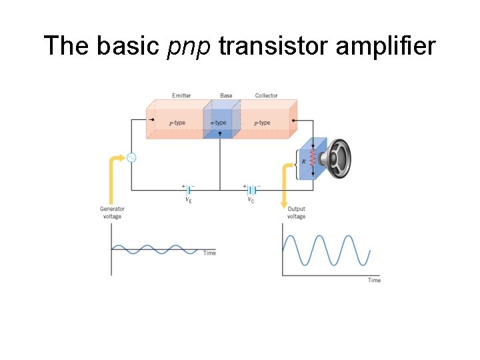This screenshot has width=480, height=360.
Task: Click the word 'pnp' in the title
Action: click(x=189, y=47)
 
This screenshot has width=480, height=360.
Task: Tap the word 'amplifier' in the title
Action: click(x=387, y=47)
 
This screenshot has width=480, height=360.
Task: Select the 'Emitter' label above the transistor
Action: click(x=181, y=96)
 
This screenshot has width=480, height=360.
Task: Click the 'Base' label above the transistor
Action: click(x=227, y=96)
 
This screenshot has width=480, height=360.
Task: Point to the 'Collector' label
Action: click(x=267, y=96)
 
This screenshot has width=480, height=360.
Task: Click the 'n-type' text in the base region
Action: click(x=218, y=123)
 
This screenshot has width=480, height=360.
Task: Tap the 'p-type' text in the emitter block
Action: click(x=177, y=123)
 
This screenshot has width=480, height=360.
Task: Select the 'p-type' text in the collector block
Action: click(x=262, y=123)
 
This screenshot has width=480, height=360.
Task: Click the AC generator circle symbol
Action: click(x=131, y=158)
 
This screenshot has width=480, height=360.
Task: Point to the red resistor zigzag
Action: click(x=312, y=159)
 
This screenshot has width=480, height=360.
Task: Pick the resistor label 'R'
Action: click(x=303, y=161)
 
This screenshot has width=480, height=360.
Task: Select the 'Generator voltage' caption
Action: click(x=112, y=213)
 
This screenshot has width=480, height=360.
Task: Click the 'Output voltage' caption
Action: click(x=296, y=213)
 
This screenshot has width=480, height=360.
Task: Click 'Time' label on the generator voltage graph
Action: click(x=209, y=253)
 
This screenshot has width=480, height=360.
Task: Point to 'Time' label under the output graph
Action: click(x=374, y=280)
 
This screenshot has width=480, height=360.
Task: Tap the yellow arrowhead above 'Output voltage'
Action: click(x=285, y=202)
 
